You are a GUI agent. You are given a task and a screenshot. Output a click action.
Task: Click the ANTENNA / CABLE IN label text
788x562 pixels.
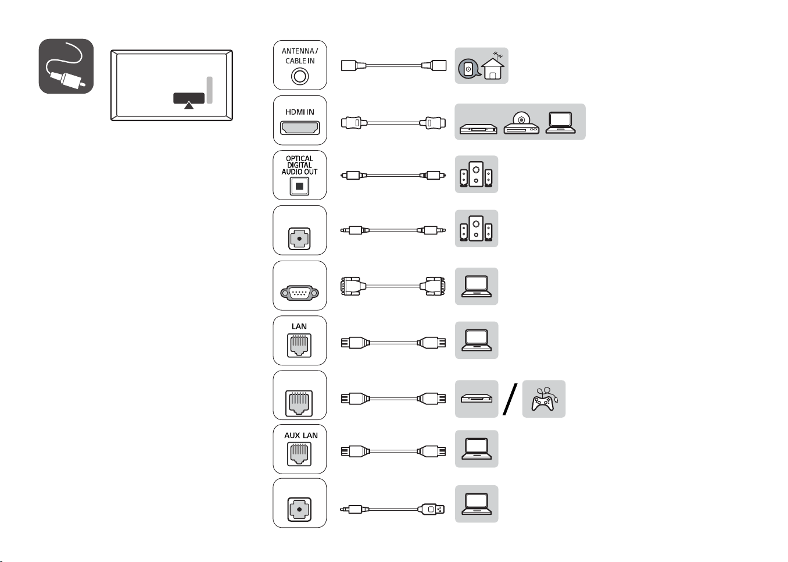[300, 56]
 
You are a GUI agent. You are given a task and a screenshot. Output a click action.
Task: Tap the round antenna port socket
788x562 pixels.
[300, 76]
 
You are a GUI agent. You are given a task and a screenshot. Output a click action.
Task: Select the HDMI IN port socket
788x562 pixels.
[300, 128]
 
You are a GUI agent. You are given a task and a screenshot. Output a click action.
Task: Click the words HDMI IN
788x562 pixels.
[300, 112]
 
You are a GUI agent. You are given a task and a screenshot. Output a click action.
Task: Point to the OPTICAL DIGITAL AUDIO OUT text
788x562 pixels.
[299, 165]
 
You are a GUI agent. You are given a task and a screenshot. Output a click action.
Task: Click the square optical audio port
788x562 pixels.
[299, 186]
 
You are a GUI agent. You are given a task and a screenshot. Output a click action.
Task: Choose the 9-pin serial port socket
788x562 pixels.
[299, 293]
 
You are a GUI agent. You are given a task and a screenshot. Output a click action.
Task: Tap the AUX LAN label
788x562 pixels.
[301, 436]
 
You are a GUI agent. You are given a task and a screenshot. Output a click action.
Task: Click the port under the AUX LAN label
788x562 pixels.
[299, 454]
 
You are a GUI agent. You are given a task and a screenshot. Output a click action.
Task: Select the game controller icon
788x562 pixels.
[543, 399]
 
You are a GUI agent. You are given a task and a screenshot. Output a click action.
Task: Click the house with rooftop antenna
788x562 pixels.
[493, 66]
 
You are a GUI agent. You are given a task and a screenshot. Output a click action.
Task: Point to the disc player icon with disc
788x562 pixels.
[521, 123]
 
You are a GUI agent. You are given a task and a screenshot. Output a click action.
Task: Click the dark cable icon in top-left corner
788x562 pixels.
[66, 66]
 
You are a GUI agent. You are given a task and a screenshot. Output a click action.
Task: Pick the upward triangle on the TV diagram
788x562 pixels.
[189, 105]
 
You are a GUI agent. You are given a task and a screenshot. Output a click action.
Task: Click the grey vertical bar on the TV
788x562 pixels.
[210, 90]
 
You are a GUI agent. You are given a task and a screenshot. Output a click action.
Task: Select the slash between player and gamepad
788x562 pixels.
[510, 399]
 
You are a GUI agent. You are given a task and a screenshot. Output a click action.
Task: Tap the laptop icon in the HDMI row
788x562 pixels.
[560, 123]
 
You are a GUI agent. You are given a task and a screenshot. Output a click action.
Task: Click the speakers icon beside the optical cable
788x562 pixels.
[476, 175]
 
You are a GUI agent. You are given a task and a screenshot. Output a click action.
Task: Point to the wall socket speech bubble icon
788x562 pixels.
[469, 69]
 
